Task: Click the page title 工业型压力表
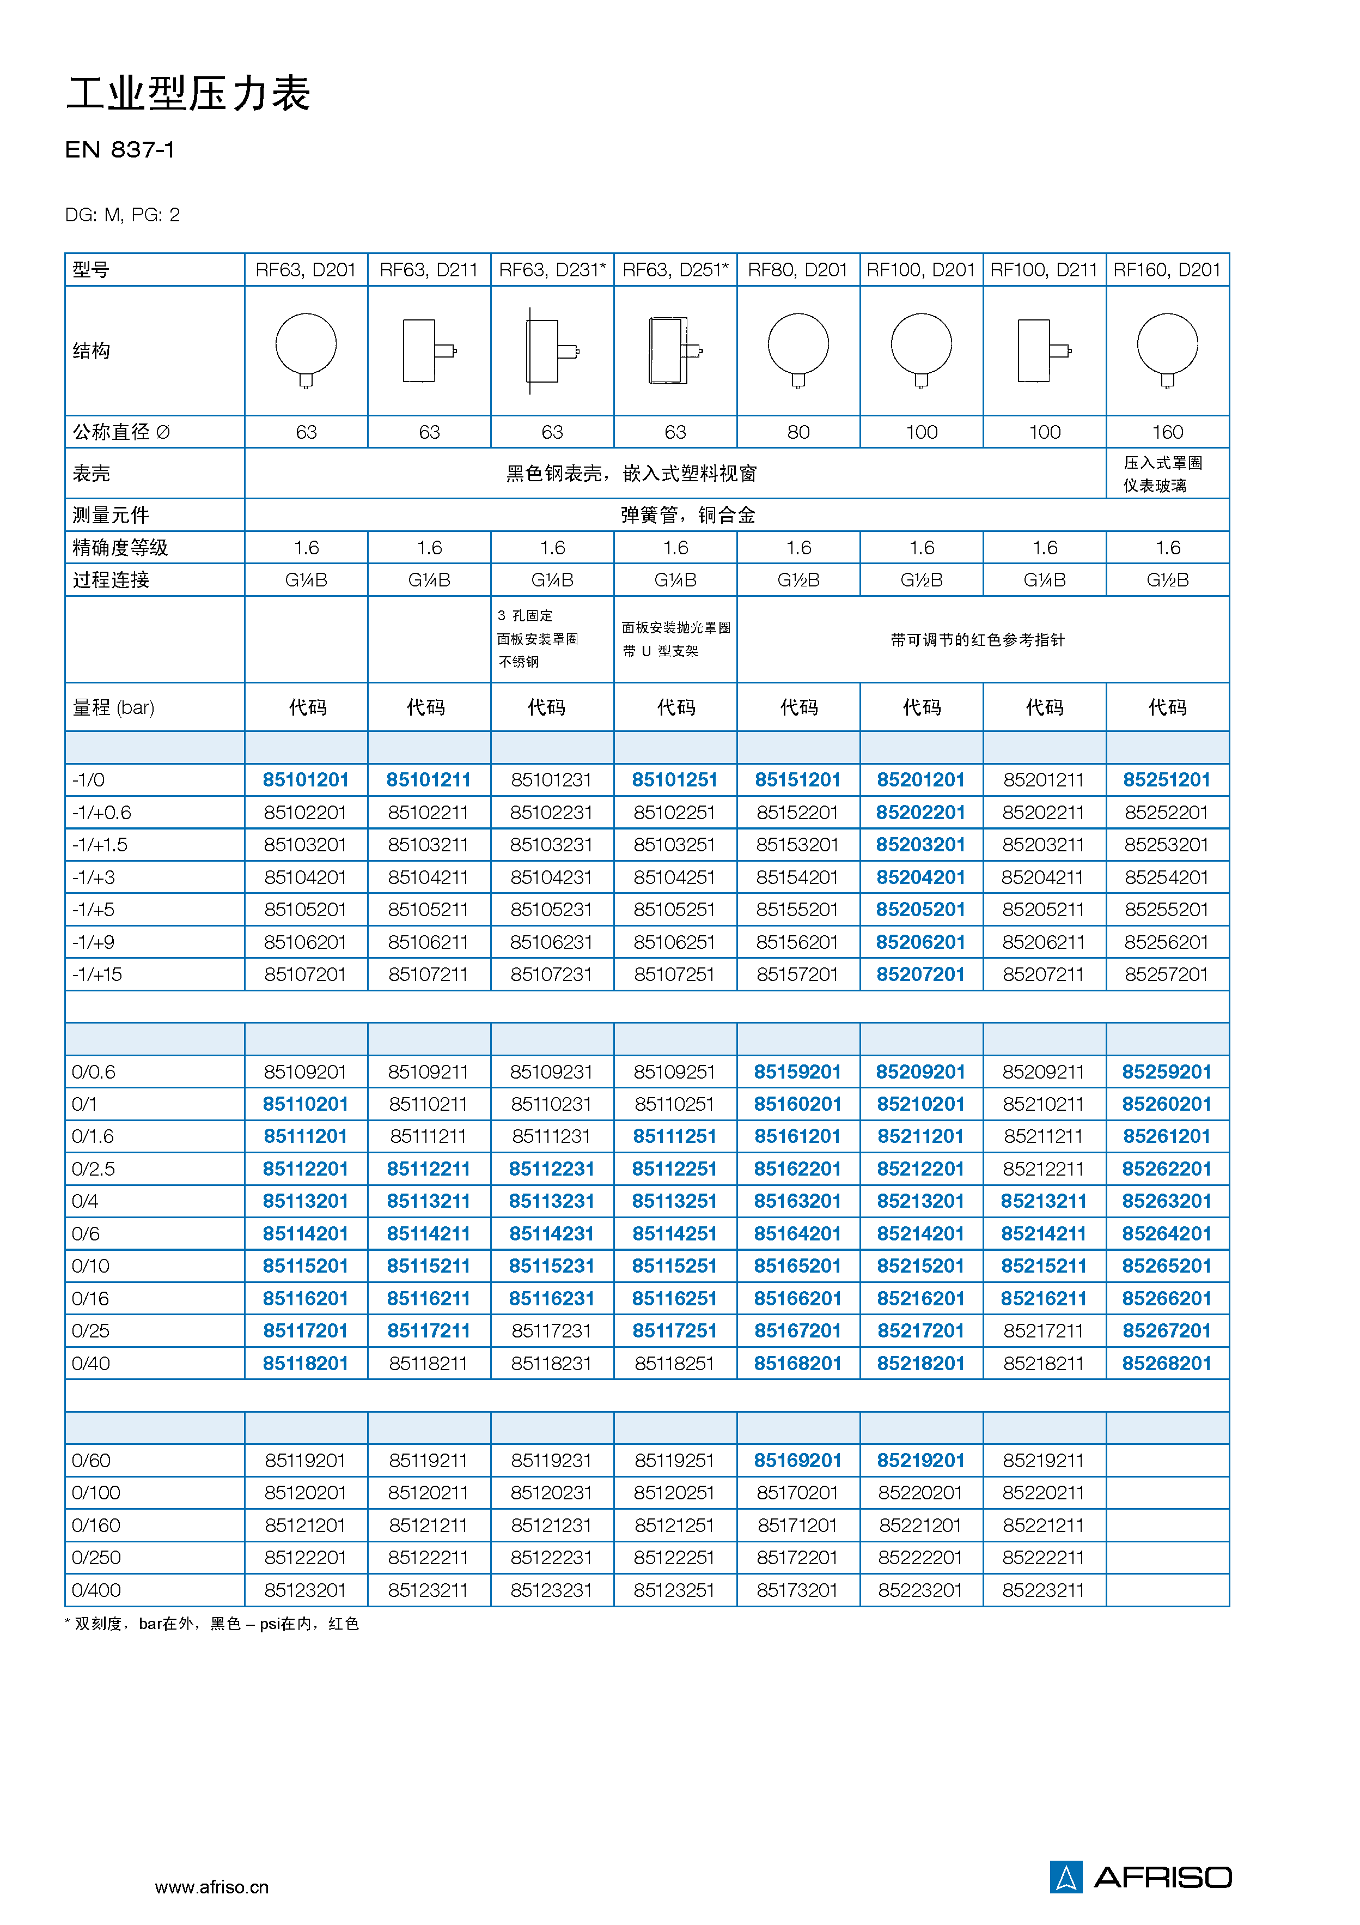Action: click(x=188, y=93)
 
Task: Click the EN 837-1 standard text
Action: click(x=120, y=150)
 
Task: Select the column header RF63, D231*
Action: click(x=551, y=270)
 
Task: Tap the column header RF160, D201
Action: click(x=1167, y=270)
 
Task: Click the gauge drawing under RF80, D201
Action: click(x=798, y=349)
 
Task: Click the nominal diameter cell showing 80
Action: click(x=798, y=432)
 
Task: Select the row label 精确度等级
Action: click(x=120, y=548)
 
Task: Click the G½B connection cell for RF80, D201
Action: click(x=798, y=579)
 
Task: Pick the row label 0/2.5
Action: click(x=93, y=1169)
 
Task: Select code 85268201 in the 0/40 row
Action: click(x=1167, y=1363)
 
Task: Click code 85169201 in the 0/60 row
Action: click(x=797, y=1461)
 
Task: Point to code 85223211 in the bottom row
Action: click(x=1043, y=1590)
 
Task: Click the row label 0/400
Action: click(x=96, y=1590)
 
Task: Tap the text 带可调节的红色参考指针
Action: click(x=977, y=640)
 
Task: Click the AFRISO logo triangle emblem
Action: click(x=1066, y=1877)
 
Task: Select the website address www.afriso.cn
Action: click(x=212, y=1887)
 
